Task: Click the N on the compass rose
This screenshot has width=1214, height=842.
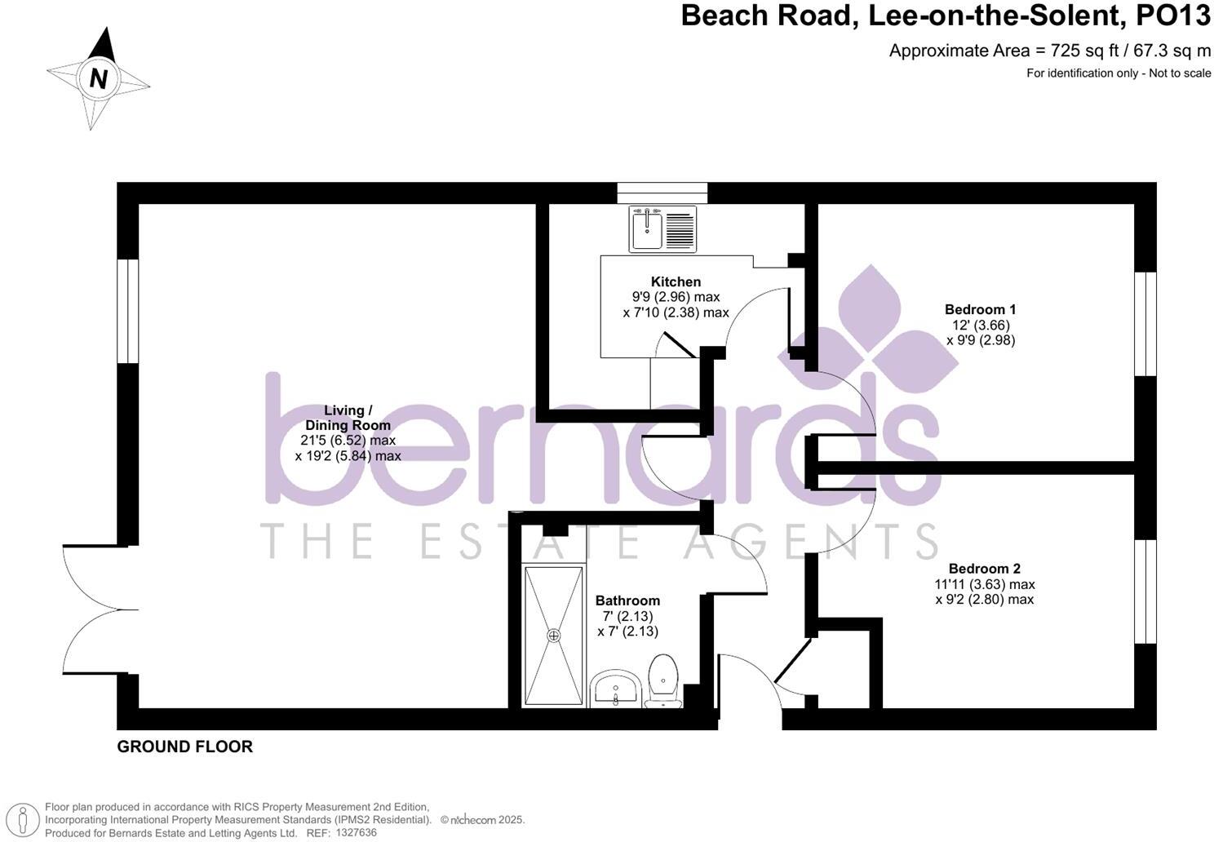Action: click(99, 79)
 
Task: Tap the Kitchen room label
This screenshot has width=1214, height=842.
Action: click(676, 281)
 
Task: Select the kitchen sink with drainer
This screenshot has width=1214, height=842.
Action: click(662, 228)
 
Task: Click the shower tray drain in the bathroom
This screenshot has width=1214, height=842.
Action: click(555, 635)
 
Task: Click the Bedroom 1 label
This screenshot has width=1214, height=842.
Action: click(980, 309)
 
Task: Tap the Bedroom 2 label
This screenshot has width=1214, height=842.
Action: click(984, 569)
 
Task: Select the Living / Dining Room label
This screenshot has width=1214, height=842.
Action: click(348, 418)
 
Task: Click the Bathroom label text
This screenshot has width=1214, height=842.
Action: click(627, 600)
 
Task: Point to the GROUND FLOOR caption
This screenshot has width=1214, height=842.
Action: click(185, 747)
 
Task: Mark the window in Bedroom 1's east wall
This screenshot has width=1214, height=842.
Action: click(1145, 324)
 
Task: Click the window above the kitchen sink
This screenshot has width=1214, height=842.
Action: click(662, 193)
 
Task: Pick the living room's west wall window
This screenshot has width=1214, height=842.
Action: click(128, 311)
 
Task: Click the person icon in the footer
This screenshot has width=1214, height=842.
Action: click(28, 819)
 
